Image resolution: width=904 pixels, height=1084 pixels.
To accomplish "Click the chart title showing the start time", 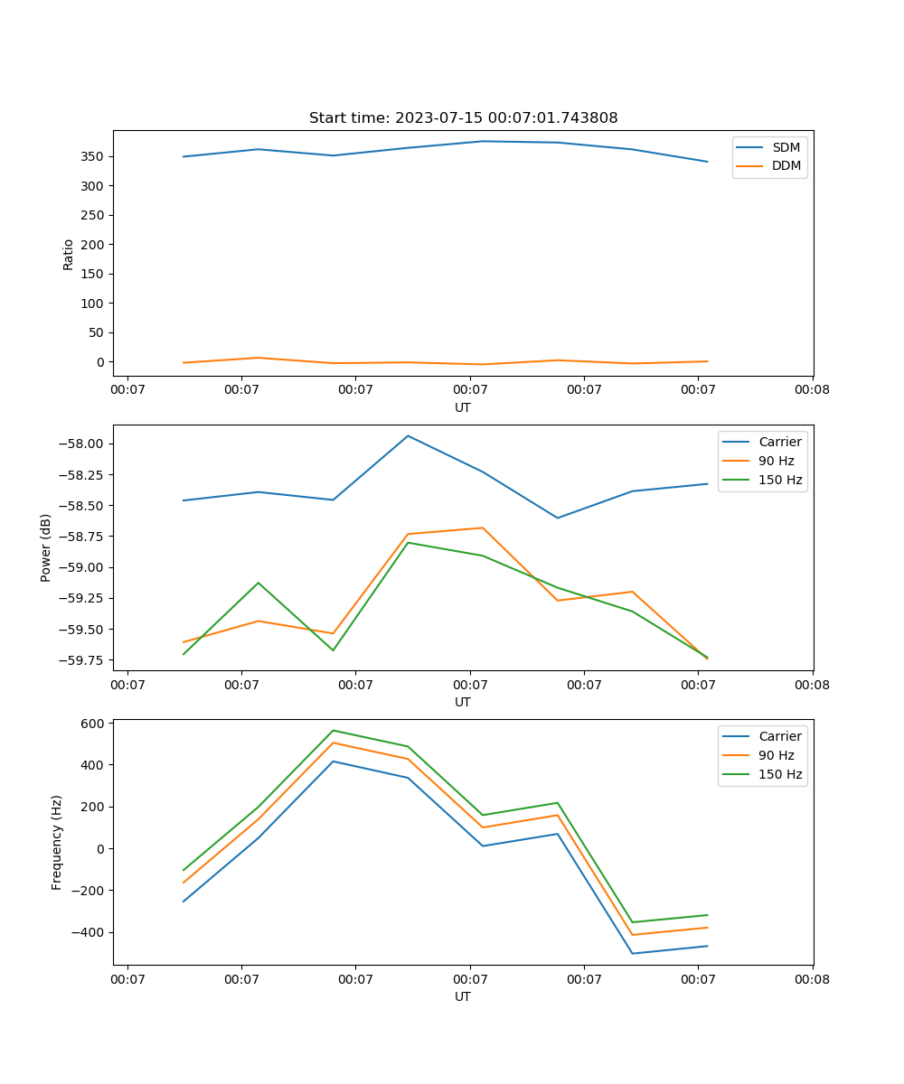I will pos(463,118).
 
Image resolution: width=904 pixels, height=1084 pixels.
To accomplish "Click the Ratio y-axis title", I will pos(69,254).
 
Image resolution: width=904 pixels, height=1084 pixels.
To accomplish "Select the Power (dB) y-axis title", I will pos(46,547).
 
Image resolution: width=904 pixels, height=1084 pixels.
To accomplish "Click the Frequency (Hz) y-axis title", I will pos(57,842).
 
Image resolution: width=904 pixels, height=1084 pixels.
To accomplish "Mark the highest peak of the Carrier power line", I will pos(408,436).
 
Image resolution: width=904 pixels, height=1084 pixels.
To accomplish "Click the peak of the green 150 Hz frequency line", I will pos(334,730).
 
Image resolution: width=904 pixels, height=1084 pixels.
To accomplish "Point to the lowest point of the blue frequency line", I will pos(632,953).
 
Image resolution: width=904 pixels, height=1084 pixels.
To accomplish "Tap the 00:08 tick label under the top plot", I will pos(812,390).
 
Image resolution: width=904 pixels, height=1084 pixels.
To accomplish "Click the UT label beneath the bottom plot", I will pos(463,996).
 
